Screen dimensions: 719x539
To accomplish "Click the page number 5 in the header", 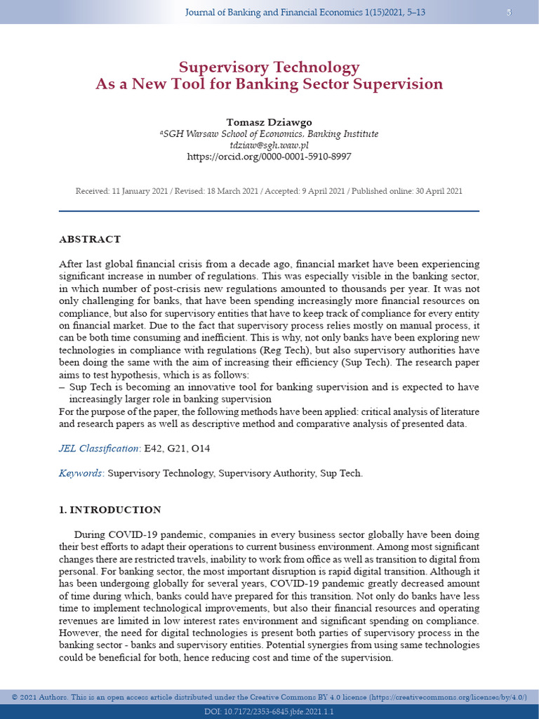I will tap(509, 13).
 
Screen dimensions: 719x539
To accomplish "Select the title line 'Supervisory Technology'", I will tap(269, 67).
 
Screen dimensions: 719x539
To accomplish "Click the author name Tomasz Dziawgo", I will tap(269, 122).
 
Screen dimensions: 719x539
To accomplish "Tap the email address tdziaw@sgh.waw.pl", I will tap(269, 145).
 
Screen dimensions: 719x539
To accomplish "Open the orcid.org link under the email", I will tap(269, 157).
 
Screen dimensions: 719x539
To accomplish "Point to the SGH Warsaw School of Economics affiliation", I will tap(269, 133).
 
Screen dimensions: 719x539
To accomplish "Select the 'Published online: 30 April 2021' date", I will tap(406, 191).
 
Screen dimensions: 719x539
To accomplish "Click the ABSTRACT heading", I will tap(90, 239).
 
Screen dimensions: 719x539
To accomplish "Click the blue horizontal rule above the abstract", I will tap(269, 211).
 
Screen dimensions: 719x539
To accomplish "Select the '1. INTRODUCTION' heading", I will tap(110, 510).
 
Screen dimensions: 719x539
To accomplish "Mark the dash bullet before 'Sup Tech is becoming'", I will tap(62, 387).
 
